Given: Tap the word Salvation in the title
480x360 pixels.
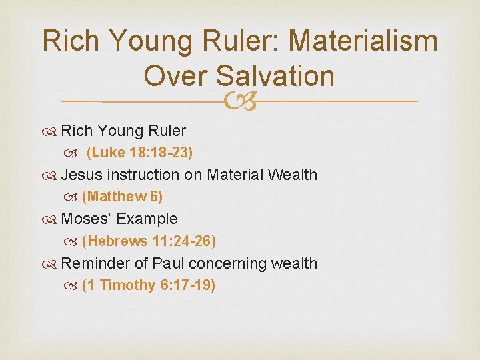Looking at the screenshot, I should [275, 75].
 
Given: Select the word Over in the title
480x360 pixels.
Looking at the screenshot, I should [176, 75].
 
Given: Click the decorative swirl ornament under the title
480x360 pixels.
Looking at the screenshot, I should [239, 101].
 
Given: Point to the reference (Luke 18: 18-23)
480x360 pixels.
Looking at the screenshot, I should [140, 153].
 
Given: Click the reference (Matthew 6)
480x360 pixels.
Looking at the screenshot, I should [122, 197].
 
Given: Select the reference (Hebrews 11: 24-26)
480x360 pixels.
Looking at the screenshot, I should [149, 241].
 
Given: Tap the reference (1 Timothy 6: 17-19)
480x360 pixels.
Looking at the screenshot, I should [148, 285].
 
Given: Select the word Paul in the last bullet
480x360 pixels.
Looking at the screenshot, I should [169, 263].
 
